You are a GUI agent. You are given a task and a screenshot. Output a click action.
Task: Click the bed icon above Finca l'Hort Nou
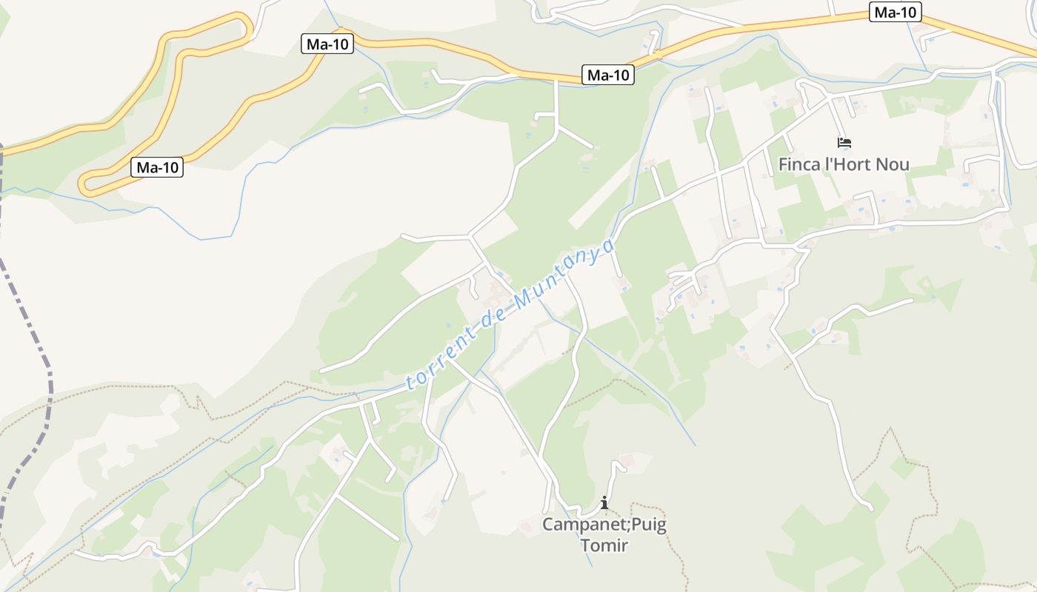pos(844,143)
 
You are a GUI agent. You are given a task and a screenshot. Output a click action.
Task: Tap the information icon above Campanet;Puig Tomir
pos(604,503)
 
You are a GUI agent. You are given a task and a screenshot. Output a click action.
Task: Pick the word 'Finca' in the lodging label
pos(799,164)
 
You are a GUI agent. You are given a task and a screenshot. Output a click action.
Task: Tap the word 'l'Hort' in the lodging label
pos(847,164)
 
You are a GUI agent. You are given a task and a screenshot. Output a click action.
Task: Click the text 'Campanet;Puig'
pos(604,525)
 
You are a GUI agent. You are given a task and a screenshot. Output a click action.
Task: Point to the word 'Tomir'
pos(604,546)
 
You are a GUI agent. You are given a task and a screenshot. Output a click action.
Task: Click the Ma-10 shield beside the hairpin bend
pos(158,168)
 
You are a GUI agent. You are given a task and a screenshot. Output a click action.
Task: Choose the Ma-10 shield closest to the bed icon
pos(896,13)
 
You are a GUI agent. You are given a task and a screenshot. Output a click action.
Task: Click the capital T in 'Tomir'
pos(585,546)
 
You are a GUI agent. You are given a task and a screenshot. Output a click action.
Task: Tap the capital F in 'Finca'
pos(783,164)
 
